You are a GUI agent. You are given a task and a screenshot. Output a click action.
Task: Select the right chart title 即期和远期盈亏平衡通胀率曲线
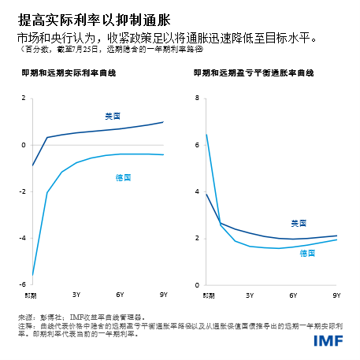[x=254, y=72]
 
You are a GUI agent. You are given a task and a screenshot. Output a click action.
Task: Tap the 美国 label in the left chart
[x=113, y=116]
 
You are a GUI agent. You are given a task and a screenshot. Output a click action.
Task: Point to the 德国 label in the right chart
[x=307, y=253]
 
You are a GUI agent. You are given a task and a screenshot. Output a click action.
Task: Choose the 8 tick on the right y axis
[x=197, y=98]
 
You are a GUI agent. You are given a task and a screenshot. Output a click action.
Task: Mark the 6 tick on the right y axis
[x=197, y=145]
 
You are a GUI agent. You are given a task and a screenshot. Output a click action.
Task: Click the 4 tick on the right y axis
[x=197, y=191]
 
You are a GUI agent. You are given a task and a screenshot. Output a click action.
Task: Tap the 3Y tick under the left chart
[x=76, y=295]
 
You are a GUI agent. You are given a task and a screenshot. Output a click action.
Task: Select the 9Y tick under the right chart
[x=336, y=295]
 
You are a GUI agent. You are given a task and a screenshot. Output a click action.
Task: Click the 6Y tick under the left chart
[x=120, y=295]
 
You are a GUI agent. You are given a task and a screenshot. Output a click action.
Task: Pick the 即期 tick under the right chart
[x=206, y=295]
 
